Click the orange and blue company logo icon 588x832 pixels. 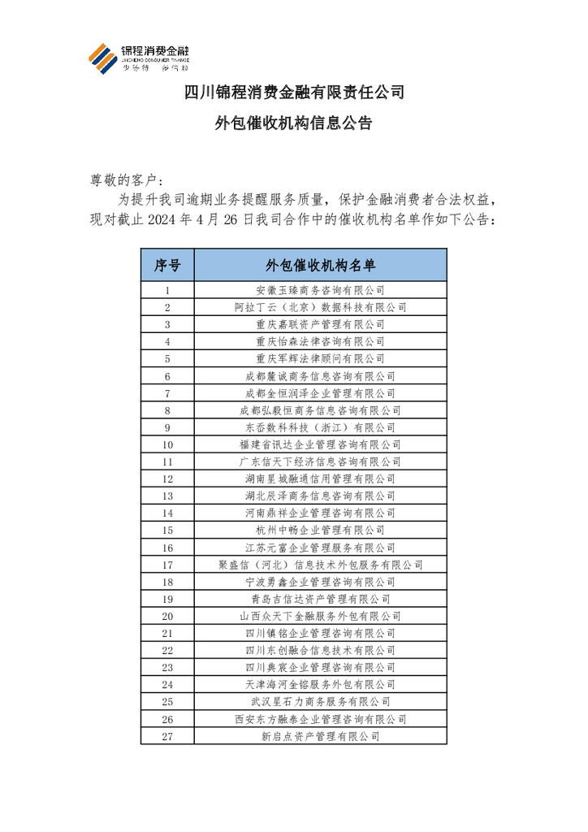pos(102,59)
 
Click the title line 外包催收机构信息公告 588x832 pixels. pos(293,124)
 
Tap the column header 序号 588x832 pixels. pos(166,265)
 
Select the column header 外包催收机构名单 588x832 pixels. pos(320,265)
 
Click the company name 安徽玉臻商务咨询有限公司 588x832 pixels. pos(320,290)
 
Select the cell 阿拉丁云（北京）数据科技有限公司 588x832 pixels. pos(320,307)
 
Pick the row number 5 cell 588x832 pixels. pos(166,358)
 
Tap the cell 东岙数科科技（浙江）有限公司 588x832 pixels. pos(320,427)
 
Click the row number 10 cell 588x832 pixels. pos(166,444)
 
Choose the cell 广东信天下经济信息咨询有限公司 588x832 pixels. pos(320,461)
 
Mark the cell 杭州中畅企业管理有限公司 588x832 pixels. pos(320,531)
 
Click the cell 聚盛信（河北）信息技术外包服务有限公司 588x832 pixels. pos(320,565)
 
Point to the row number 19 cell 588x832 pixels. pos(166,599)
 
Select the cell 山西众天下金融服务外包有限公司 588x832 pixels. pos(320,616)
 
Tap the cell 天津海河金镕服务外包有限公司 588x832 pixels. pos(320,685)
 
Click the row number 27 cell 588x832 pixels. pos(166,736)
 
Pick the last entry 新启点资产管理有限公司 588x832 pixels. pos(320,736)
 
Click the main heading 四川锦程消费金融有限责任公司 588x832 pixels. pos(293,92)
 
